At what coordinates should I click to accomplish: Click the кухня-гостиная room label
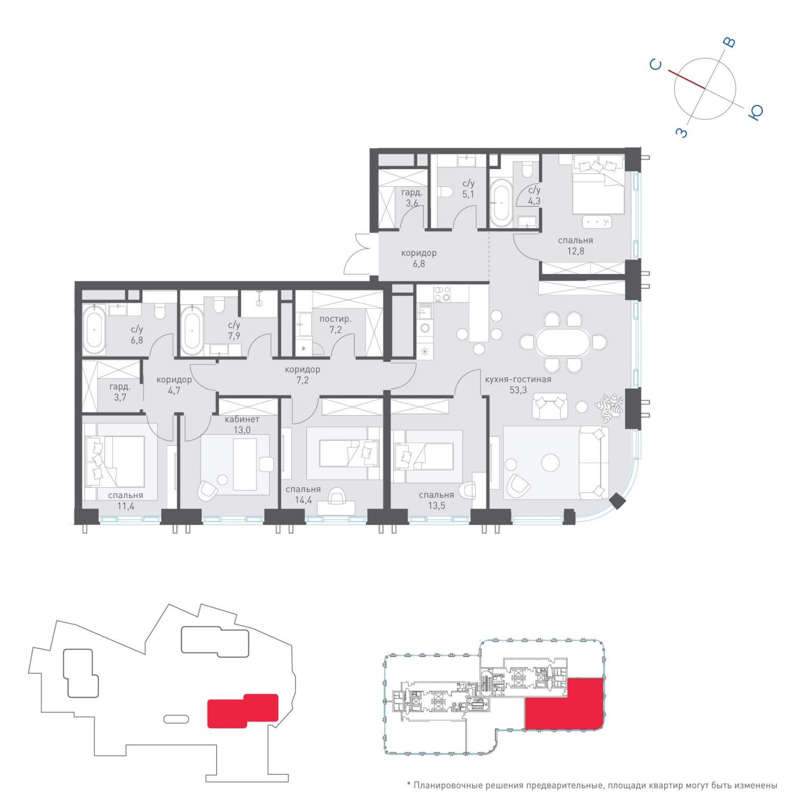coord(518,380)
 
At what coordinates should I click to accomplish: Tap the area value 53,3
coord(518,390)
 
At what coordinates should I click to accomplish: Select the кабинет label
coord(242,419)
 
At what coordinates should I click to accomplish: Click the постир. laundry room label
coord(335,319)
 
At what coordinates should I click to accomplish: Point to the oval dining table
coord(563,342)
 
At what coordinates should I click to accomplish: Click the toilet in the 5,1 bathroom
coord(445,192)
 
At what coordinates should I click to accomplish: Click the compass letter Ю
coord(756,112)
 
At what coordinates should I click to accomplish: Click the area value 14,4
coord(303,500)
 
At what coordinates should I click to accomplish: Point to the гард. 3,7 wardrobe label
coord(120,392)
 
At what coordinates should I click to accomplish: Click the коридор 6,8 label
coord(419,258)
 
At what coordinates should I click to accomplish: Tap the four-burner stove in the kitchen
coord(443,294)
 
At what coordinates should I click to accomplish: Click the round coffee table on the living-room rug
coord(551,462)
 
